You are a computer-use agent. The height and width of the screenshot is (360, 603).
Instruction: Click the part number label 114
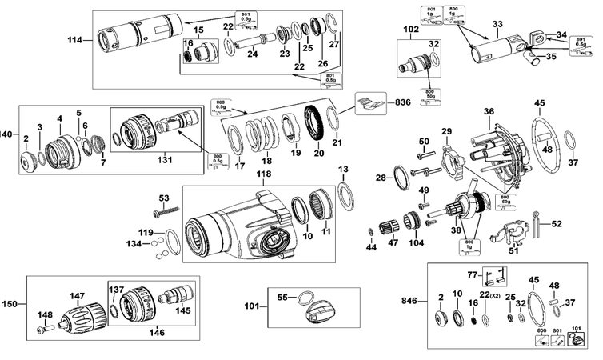pyautogui.click(x=75, y=39)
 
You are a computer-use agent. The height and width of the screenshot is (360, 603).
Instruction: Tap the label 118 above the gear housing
pyautogui.click(x=263, y=174)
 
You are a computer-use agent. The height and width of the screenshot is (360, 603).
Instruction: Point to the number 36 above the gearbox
pyautogui.click(x=489, y=111)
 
